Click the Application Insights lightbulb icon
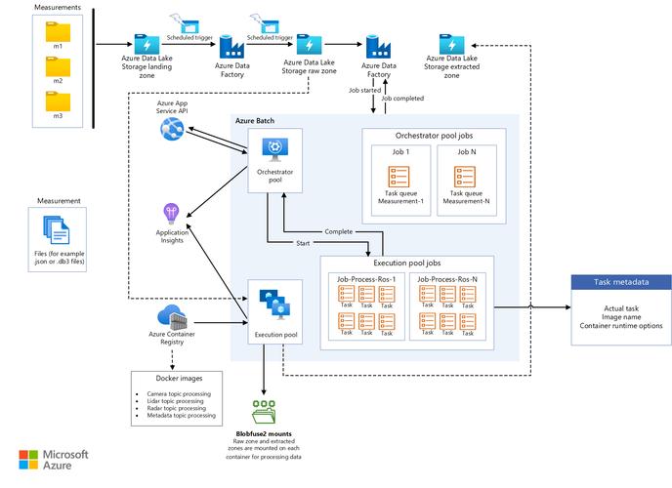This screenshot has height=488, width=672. point(172,212)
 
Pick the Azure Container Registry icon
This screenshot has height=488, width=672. point(172,317)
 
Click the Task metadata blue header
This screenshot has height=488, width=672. point(620,282)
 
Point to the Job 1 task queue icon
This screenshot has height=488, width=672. point(400,177)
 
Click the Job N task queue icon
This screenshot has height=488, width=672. point(465,177)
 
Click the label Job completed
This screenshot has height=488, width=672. point(403,99)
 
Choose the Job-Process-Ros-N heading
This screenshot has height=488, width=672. point(447,278)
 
